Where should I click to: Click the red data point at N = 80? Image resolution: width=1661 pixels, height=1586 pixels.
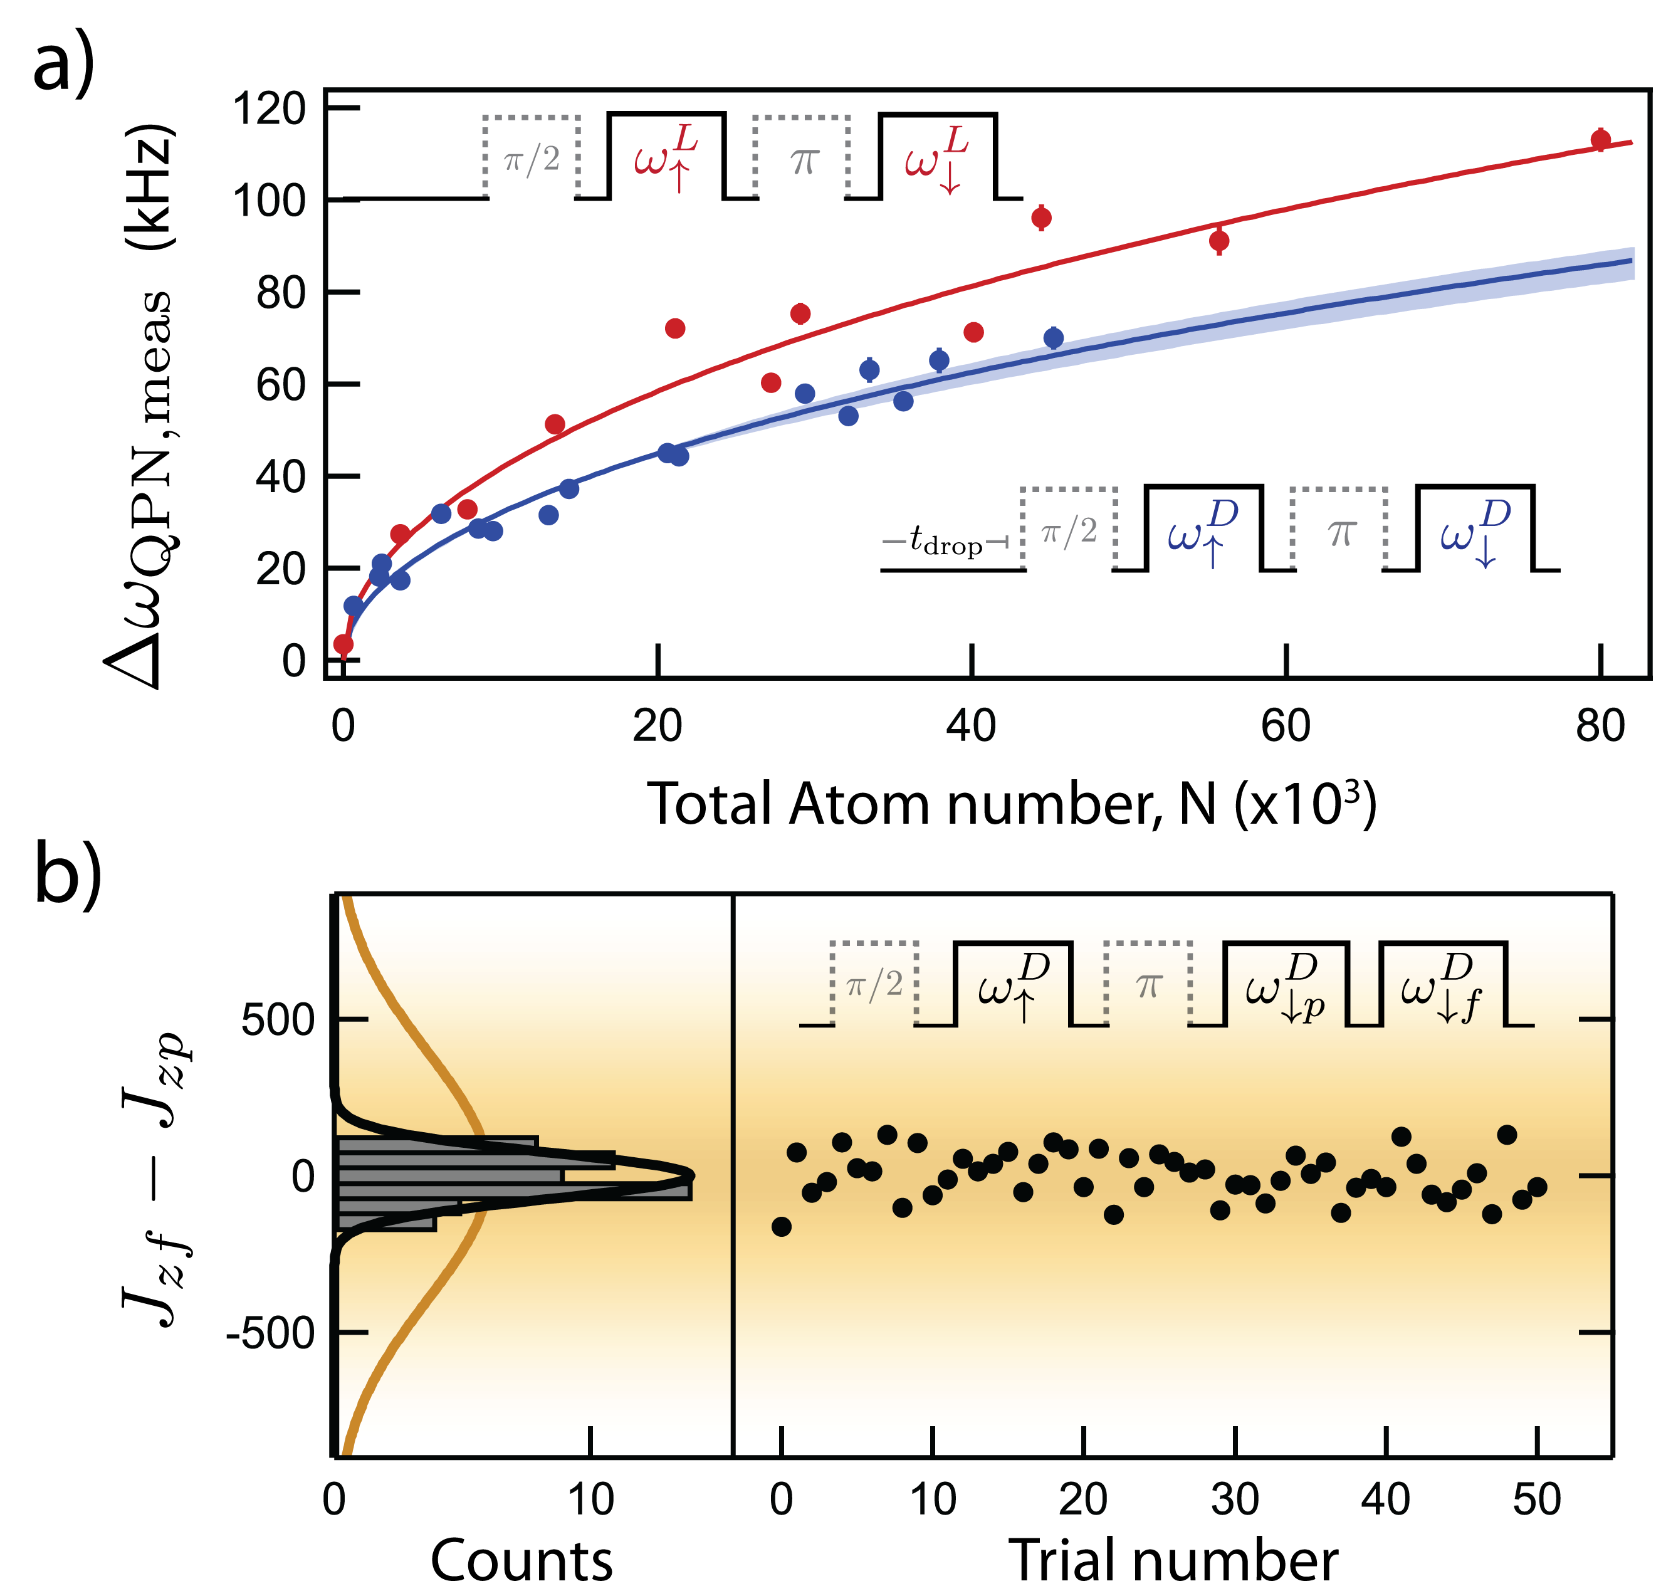[1600, 140]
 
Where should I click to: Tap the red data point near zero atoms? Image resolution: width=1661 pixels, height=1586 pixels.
[343, 644]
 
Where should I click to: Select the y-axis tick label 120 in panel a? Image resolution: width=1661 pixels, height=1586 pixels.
[269, 109]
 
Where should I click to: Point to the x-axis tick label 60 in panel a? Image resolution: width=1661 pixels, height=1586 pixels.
[1286, 725]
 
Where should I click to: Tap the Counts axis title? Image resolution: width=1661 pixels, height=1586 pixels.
[521, 1560]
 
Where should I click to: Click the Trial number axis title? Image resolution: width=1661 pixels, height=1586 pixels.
[1173, 1560]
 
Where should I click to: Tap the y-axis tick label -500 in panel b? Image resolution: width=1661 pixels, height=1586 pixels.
[271, 1333]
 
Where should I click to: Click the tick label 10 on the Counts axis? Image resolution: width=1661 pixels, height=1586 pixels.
[590, 1499]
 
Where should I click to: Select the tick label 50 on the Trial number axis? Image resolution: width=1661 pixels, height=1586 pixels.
[1536, 1499]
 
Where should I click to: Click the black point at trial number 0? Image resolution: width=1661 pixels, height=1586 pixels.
[782, 1226]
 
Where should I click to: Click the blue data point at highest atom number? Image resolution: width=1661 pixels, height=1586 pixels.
[1053, 338]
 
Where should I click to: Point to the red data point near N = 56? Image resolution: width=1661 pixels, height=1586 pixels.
[1218, 241]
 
